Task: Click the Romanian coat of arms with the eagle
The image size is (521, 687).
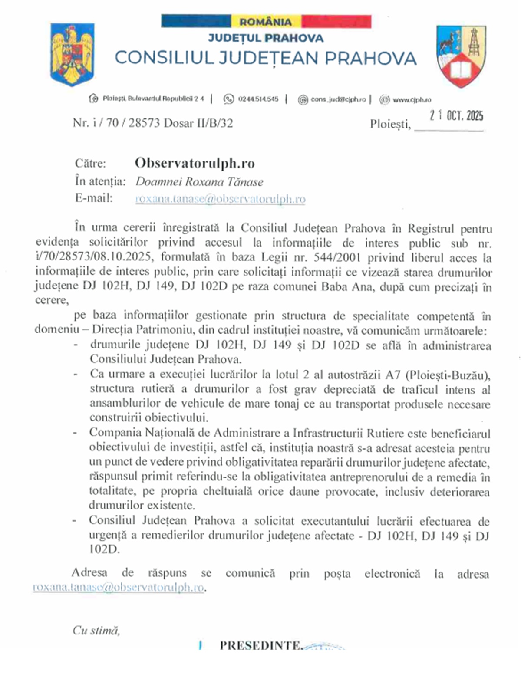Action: point(73,55)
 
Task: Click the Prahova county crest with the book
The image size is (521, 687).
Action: point(461,56)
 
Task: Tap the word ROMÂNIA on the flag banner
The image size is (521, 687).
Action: point(266,22)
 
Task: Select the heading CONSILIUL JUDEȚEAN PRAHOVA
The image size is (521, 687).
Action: point(266,58)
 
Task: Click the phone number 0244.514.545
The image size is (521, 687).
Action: point(258,99)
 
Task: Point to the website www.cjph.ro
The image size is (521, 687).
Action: point(412,100)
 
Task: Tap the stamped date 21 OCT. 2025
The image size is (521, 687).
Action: point(456,115)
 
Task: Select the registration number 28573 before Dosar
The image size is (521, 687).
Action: point(145,123)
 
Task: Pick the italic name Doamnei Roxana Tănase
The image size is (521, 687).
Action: point(199,181)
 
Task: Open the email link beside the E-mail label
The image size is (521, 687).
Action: point(220,199)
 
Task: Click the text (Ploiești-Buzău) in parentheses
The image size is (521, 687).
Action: point(443,375)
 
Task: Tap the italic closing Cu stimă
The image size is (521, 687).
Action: point(96,630)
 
